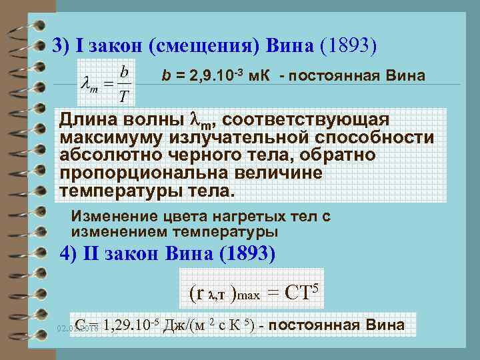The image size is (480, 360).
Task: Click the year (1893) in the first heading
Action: tap(349, 45)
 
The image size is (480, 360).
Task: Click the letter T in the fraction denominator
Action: tap(123, 97)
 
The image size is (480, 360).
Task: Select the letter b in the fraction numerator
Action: tap(124, 70)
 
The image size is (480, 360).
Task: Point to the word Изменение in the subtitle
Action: tap(109, 217)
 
